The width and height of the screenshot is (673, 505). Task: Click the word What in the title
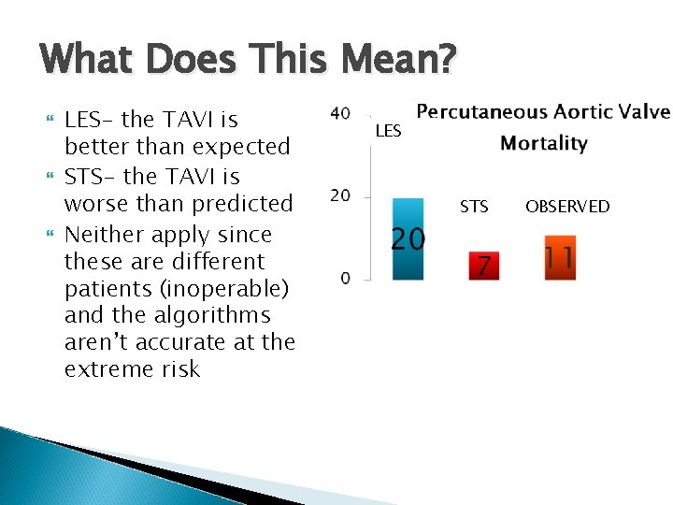89,61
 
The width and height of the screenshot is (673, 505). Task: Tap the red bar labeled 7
483,266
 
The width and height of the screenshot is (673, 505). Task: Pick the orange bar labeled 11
559,257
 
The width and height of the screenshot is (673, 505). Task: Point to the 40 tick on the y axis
341,113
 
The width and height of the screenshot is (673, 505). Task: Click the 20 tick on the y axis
341,195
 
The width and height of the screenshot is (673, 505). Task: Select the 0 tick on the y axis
345,278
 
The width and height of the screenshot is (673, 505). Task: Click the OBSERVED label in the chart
566,207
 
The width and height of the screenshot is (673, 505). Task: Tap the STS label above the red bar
474,207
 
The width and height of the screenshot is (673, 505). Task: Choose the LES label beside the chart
388,132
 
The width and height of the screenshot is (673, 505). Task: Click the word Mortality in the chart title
543,143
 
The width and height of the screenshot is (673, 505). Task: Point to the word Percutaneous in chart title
480,112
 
